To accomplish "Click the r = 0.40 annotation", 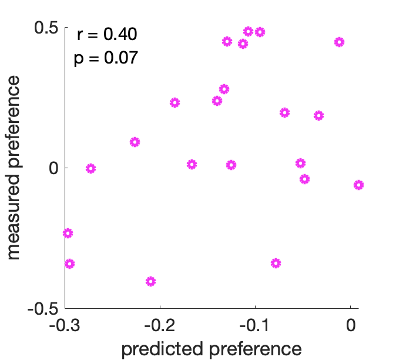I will (x=106, y=35).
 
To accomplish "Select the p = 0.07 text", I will (x=106, y=58).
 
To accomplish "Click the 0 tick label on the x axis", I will (x=350, y=325).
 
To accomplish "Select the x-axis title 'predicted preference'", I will (x=211, y=348).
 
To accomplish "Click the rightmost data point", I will (x=358, y=185).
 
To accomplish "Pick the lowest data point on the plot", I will (x=150, y=281).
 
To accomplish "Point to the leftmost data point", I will (x=68, y=233).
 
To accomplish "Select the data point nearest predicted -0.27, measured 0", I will (x=90, y=168).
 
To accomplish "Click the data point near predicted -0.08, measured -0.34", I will (x=276, y=263).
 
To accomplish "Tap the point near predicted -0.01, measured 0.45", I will (x=339, y=42).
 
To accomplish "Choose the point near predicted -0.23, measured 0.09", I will (x=135, y=142).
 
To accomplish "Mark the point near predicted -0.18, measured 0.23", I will (x=174, y=102).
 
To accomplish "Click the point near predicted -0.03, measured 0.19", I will (x=318, y=115).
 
